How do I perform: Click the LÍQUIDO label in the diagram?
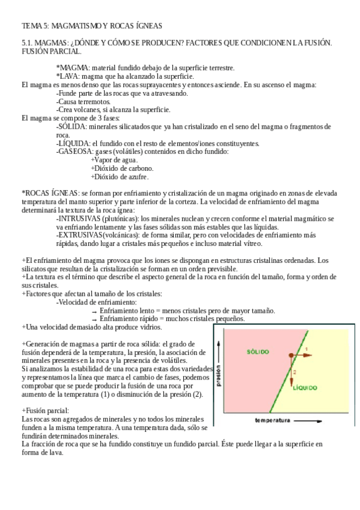pos(305,388)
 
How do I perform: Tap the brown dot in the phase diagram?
pos(291,356)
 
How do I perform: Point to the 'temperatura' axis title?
pos(277,419)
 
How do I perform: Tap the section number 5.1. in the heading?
pos(28,44)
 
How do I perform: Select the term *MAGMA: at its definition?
pos(72,68)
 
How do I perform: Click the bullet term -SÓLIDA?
pos(72,126)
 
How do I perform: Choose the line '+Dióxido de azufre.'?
pos(120,177)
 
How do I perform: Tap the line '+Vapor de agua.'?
pos(114,160)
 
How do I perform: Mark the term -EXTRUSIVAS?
pos(81,235)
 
